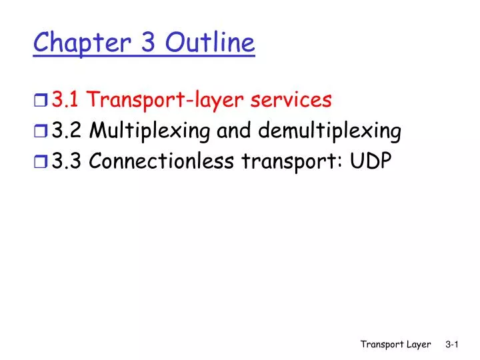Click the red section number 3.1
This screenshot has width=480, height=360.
coord(67,100)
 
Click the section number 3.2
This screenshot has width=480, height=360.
coord(67,131)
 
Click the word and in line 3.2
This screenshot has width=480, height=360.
coord(233,131)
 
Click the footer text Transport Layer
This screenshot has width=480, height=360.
coord(396,344)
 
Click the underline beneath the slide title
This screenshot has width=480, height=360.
coord(144,57)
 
